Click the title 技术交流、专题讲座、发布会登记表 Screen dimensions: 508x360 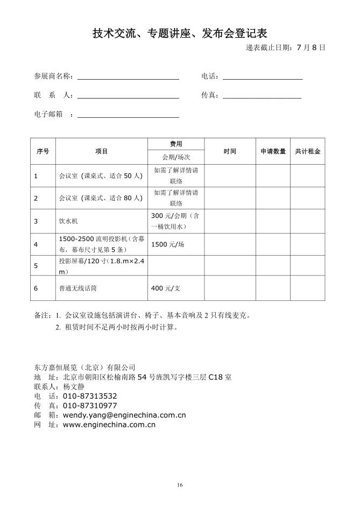click(180, 34)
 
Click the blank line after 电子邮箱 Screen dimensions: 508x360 click(128, 116)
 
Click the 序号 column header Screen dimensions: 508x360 click(43, 151)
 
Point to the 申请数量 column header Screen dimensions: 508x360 click(273, 151)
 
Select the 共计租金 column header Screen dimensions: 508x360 click(308, 151)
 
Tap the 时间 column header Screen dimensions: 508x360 click(230, 151)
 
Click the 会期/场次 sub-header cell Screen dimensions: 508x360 click(176, 158)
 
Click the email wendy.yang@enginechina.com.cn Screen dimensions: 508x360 click(124, 415)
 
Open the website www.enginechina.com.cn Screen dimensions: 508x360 click(109, 425)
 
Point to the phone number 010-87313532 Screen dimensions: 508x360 click(90, 396)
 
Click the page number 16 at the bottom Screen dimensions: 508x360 click(180, 485)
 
